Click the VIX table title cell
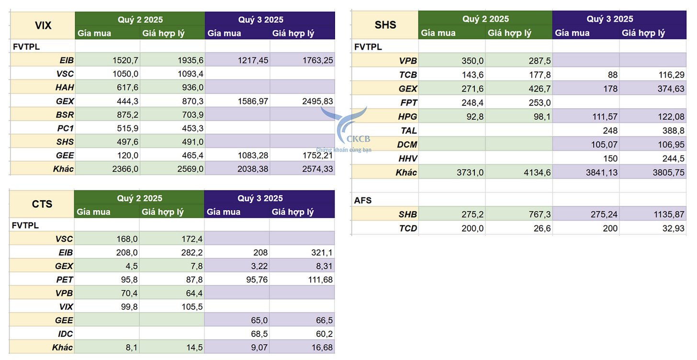coord(43,25)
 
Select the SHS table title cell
coord(385,25)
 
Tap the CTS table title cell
coord(42,204)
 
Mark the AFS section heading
coord(363,200)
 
